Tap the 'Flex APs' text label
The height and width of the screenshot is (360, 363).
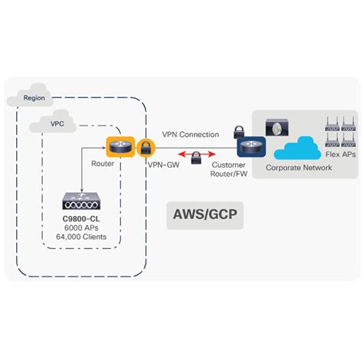pyautogui.click(x=337, y=154)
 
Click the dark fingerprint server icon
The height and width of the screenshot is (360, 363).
pyautogui.click(x=275, y=128)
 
